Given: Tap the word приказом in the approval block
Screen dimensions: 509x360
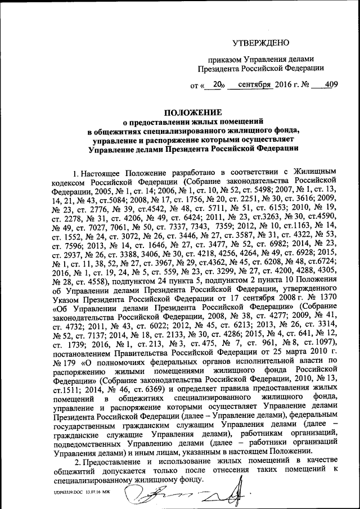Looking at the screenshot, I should (222, 59).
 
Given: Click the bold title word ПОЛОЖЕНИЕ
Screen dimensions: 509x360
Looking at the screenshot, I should (193, 112).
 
